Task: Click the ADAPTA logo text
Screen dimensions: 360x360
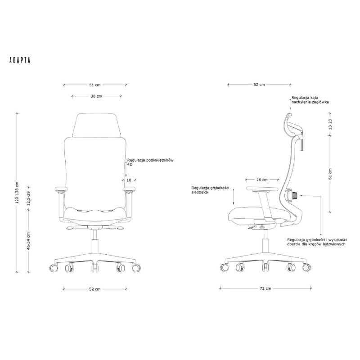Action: click(x=20, y=60)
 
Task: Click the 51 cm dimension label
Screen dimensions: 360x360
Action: click(x=95, y=85)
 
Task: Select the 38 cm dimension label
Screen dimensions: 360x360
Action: click(x=96, y=96)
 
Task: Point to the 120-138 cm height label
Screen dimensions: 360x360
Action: click(x=17, y=193)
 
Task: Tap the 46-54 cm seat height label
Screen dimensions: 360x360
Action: click(x=28, y=241)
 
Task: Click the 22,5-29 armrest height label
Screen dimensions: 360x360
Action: click(x=28, y=198)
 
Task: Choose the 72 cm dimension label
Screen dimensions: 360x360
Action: click(x=265, y=288)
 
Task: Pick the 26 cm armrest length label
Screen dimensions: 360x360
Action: click(x=262, y=180)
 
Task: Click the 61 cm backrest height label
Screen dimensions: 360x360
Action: click(x=330, y=174)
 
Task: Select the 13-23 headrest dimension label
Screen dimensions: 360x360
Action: click(x=330, y=124)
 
